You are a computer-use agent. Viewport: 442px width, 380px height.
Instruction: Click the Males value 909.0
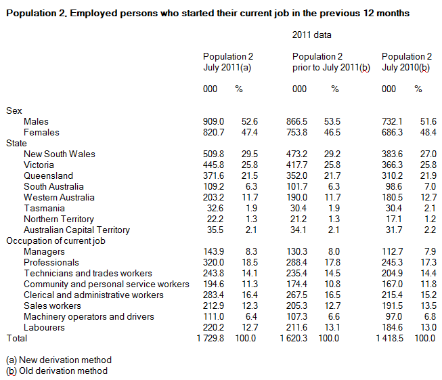coord(215,121)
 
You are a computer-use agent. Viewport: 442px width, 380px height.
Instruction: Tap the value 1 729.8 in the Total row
coord(211,338)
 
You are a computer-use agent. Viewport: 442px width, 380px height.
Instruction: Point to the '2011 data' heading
coord(311,34)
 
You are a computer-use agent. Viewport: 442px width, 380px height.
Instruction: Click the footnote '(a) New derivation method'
coord(58,360)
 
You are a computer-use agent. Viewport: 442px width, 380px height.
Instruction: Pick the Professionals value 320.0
coord(215,262)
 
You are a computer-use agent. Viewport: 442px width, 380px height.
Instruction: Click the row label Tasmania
coord(43,208)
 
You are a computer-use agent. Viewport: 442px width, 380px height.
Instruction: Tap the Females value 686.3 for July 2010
coord(393,132)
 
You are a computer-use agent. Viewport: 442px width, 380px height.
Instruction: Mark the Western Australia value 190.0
coord(304,197)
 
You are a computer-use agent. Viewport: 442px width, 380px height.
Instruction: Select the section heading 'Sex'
coord(14,110)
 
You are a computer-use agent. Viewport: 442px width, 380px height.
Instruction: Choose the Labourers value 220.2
coord(215,327)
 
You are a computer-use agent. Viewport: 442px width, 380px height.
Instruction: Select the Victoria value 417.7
coord(304,165)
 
